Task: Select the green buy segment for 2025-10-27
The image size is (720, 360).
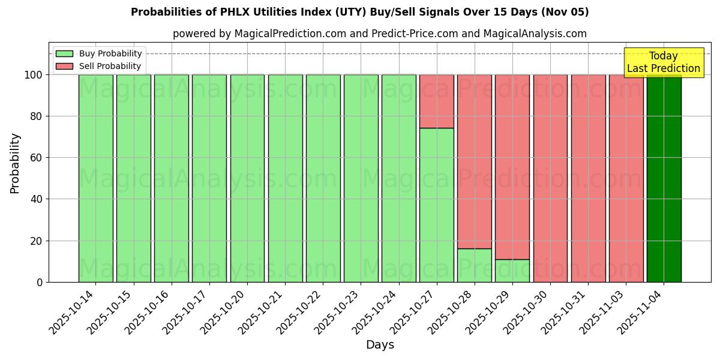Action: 436,205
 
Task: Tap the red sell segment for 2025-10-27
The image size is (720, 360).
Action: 436,101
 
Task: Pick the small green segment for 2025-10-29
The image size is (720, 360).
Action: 512,271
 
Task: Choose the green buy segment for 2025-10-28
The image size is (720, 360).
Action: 474,265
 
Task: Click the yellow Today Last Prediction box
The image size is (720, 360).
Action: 664,62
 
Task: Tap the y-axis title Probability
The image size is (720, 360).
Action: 16,163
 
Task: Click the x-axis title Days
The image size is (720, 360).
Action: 380,345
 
